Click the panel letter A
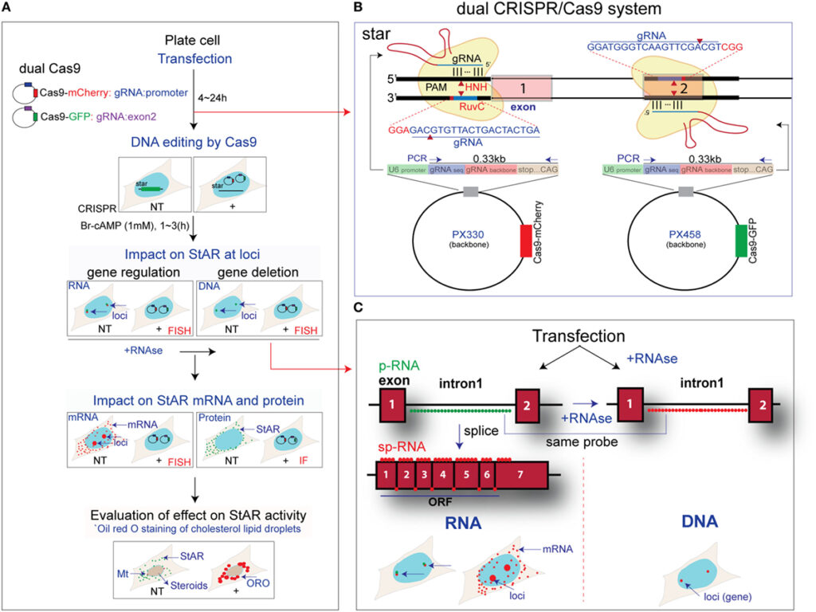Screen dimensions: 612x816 coord(8,7)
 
